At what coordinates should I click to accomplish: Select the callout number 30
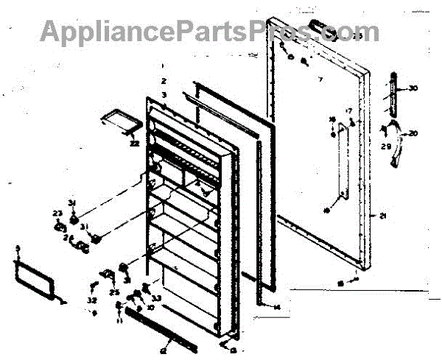coord(413,89)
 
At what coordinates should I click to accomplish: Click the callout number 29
coord(385,147)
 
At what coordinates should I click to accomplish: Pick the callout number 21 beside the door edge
coord(383,216)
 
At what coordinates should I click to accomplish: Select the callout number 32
coord(91,300)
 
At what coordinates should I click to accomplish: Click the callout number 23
coord(57,214)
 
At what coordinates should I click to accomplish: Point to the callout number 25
coord(114,292)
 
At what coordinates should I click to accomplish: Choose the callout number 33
coord(157,298)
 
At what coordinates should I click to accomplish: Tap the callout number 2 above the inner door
coord(164,80)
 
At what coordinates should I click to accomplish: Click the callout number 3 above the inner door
coord(164,95)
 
